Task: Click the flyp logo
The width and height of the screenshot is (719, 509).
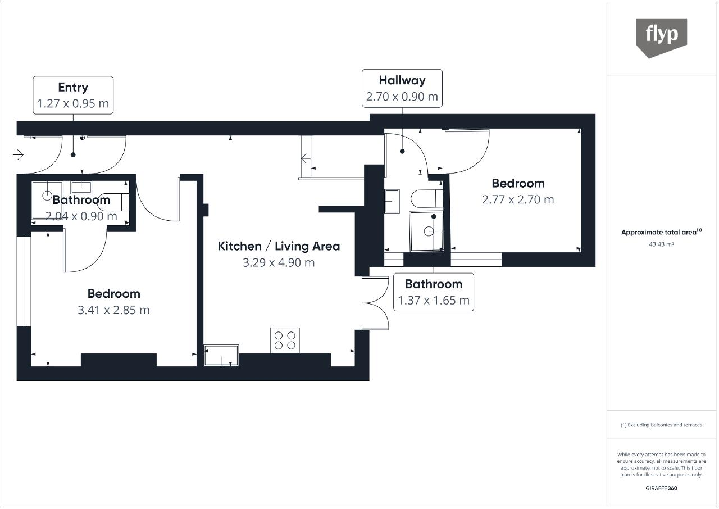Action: tap(661, 38)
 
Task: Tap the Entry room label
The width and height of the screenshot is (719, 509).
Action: tap(73, 87)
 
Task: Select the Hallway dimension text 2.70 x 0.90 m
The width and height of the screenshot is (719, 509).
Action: tap(402, 97)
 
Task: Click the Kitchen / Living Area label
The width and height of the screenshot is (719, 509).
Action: tap(279, 246)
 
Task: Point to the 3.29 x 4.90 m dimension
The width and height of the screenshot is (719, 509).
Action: tap(279, 262)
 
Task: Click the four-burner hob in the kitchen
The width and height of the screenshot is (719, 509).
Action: tap(285, 340)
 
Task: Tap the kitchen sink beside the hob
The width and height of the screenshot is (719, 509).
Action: tap(221, 355)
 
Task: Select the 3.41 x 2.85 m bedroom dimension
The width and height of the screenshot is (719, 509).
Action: tap(113, 310)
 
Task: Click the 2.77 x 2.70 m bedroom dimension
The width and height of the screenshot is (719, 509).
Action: tap(518, 199)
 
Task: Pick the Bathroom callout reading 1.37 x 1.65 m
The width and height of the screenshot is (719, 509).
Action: tap(434, 292)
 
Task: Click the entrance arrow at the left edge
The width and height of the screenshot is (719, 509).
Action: tap(19, 155)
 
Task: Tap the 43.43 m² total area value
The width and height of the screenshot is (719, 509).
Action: tap(661, 244)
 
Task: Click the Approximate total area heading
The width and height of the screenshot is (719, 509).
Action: tap(661, 231)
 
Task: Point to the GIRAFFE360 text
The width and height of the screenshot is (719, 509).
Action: tap(661, 488)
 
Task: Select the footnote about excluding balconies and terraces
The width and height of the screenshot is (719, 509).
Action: tap(661, 425)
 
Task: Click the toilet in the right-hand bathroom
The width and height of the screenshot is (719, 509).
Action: tap(426, 199)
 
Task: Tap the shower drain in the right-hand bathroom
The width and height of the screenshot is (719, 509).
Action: tap(429, 231)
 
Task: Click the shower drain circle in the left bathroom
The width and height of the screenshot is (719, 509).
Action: tap(47, 195)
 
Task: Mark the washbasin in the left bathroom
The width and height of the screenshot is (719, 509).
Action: tap(81, 187)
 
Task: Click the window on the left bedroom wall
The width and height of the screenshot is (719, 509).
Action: tap(24, 281)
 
